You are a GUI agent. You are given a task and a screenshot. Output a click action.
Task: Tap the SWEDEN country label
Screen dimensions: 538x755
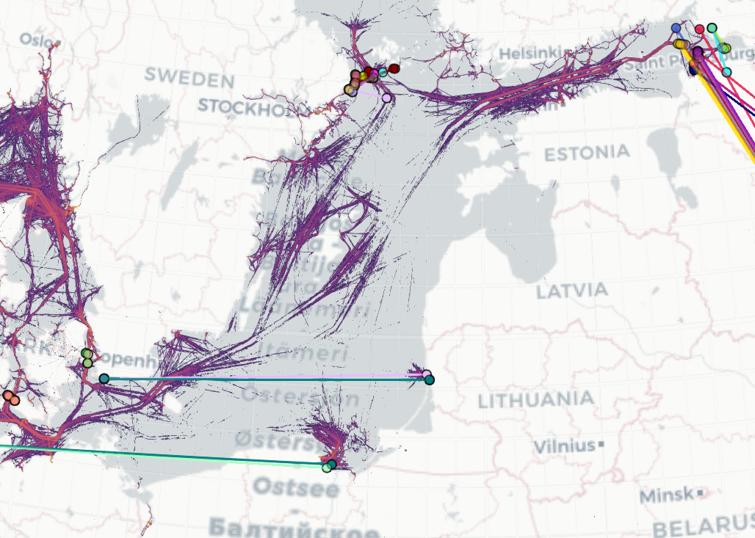189,76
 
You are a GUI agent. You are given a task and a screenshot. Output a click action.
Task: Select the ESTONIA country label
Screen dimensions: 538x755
587,153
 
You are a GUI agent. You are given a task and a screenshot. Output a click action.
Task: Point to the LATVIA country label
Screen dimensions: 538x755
572,291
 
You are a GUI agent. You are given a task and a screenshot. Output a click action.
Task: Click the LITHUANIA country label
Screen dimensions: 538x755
535,401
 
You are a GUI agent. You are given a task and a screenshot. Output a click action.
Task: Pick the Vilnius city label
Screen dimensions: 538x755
564,446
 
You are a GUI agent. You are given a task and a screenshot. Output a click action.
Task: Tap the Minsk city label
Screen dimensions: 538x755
666,495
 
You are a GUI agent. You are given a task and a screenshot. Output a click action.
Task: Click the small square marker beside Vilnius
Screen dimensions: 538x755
602,445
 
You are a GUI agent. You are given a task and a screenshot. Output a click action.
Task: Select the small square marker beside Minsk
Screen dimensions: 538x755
701,492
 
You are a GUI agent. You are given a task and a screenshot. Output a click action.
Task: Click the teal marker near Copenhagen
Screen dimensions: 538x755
104,379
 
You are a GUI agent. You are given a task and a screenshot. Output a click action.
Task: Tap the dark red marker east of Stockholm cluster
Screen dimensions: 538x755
394,68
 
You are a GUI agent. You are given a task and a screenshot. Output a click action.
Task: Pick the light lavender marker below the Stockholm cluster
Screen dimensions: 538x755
386,98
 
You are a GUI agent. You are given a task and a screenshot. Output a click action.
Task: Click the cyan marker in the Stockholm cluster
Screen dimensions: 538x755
383,72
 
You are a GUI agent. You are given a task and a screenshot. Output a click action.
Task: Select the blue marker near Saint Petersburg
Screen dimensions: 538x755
676,28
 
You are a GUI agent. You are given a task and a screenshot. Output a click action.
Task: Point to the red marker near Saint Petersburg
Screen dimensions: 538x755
700,29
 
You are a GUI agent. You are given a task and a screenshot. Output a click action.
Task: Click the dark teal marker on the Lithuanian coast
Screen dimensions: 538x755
429,380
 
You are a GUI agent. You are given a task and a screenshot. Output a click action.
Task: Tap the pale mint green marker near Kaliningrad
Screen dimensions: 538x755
327,468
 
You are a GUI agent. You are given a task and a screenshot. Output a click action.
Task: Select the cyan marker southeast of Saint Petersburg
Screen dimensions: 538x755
726,72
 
